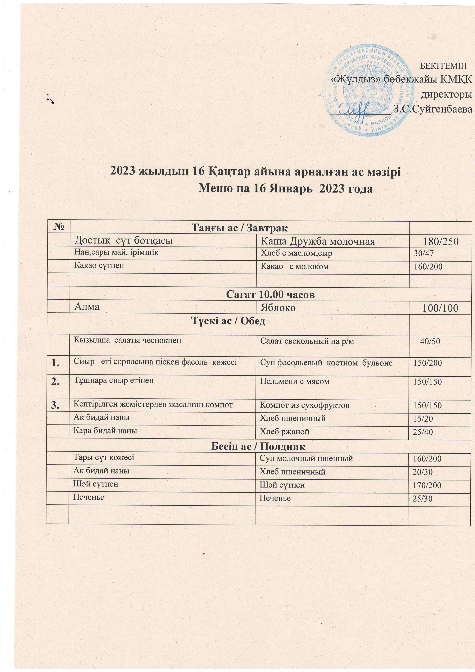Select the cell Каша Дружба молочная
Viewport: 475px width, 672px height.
point(318,241)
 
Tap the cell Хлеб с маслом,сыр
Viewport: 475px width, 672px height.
point(296,253)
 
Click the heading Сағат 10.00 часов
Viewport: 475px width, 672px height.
point(271,294)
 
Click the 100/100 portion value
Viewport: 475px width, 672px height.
point(441,308)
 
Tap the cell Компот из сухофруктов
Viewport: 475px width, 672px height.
point(304,405)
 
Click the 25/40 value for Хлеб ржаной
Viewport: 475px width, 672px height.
point(422,432)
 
